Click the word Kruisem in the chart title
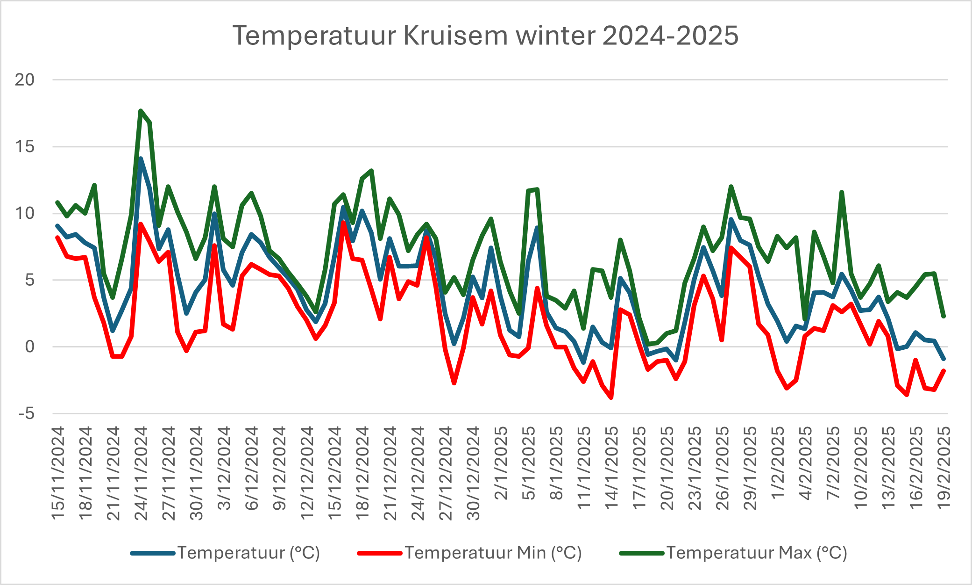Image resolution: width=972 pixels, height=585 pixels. point(455,36)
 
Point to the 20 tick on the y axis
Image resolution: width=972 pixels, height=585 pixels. point(25,80)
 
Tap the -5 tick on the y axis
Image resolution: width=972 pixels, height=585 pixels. point(27,414)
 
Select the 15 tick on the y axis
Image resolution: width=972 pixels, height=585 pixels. point(25,147)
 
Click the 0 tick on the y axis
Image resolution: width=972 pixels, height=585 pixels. point(30,347)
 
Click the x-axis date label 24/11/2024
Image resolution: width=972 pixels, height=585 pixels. point(141,473)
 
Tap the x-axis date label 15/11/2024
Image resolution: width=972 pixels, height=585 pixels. point(57,473)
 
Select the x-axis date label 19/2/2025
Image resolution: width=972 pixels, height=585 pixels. point(944,468)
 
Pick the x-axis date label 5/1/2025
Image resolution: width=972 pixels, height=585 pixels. point(528,462)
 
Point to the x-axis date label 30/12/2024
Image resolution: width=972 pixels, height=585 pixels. point(473,473)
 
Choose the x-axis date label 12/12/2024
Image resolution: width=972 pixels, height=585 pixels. point(307,473)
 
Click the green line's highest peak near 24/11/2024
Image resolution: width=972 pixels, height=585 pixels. point(141,111)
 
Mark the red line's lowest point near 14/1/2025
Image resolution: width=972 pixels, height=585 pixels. point(611,397)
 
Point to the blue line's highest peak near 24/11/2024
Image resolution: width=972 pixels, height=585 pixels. point(141,159)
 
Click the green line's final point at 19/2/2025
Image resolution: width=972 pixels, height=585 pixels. point(944,317)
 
